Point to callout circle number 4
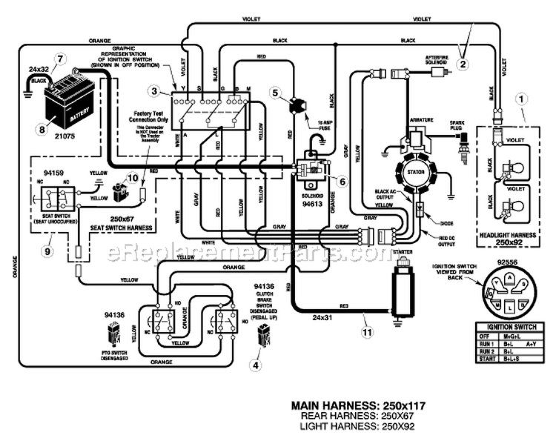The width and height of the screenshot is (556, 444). point(257,364)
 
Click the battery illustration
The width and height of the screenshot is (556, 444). point(70,104)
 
